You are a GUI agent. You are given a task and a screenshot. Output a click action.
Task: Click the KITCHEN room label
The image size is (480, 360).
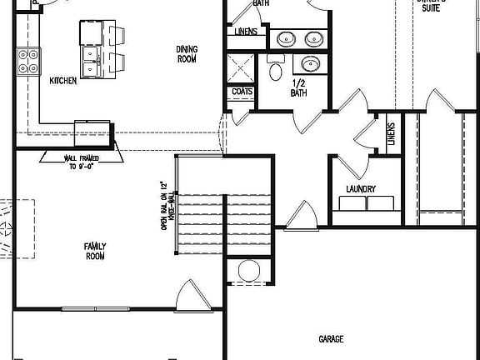(x=63, y=81)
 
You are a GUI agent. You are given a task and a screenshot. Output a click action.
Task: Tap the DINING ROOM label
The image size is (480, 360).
(x=187, y=54)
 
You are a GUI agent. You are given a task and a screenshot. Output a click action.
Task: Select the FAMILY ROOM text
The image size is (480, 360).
(x=94, y=251)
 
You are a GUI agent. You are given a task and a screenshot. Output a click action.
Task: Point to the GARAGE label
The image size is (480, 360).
(x=331, y=339)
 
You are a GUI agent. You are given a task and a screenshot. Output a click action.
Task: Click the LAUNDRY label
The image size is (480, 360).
(x=360, y=189)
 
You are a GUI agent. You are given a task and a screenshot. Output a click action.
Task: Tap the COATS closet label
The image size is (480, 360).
(x=242, y=92)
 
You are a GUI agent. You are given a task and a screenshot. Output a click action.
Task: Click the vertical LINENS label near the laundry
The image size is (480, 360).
(x=390, y=133)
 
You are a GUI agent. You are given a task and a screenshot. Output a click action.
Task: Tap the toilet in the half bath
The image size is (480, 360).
(x=276, y=70)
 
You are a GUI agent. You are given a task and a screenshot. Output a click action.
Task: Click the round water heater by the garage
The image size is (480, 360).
(x=248, y=271)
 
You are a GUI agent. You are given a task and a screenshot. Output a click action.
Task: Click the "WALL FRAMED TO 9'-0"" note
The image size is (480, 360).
(x=81, y=160)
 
